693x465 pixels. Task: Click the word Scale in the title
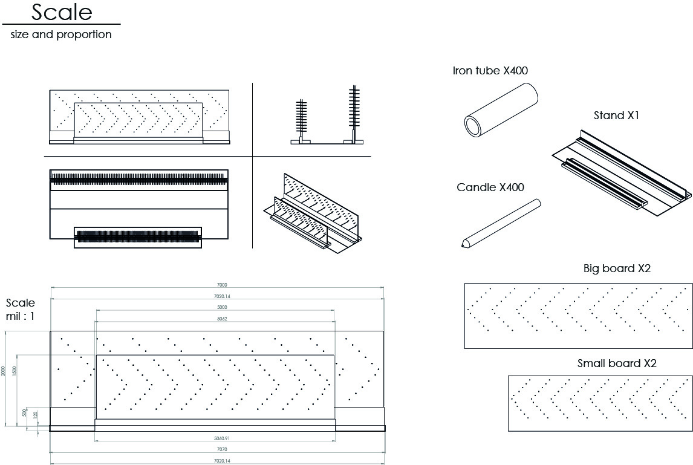coord(62,12)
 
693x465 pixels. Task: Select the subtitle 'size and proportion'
coord(61,34)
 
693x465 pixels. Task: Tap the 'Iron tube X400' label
coord(490,71)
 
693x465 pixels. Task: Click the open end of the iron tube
coord(473,125)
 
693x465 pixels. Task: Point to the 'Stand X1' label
coord(616,115)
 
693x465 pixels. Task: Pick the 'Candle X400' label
coord(490,187)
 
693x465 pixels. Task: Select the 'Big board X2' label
coord(617,268)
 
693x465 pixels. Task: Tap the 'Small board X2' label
coord(617,363)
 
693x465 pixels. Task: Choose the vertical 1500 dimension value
coord(15,370)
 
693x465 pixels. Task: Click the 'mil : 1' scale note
coord(21,316)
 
